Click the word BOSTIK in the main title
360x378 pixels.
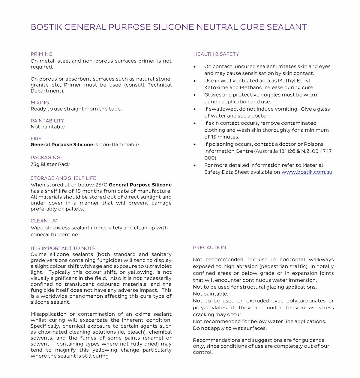pos(46,27)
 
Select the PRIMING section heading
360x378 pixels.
pos(41,54)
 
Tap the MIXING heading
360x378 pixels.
pos(40,103)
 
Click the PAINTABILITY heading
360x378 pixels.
pos(47,121)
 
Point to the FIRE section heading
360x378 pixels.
pos(36,138)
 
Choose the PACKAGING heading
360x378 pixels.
pos(45,157)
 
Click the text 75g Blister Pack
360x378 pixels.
pos(50,164)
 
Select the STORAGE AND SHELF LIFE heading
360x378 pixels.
pos(63,178)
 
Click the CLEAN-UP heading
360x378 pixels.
pos(44,221)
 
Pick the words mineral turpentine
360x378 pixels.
pos(54,235)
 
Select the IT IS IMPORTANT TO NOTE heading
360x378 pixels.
pos(64,248)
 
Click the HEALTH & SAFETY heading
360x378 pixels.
pos(216,54)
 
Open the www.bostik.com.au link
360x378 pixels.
pos(307,172)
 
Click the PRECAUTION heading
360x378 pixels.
pos(209,247)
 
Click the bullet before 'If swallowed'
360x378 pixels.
pos(195,109)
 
